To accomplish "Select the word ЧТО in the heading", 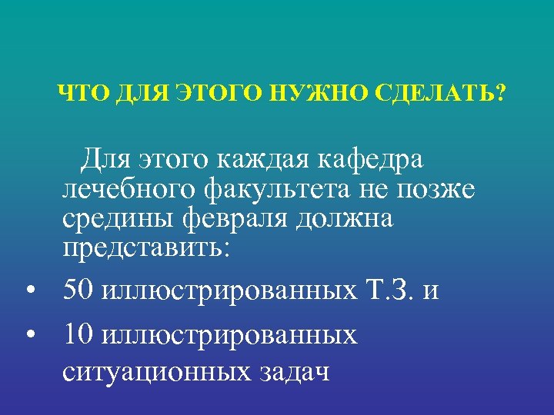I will [75, 95].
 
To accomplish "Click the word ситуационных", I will [148, 373].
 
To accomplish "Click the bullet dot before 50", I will [30, 293].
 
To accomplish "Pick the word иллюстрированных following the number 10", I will [229, 335].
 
